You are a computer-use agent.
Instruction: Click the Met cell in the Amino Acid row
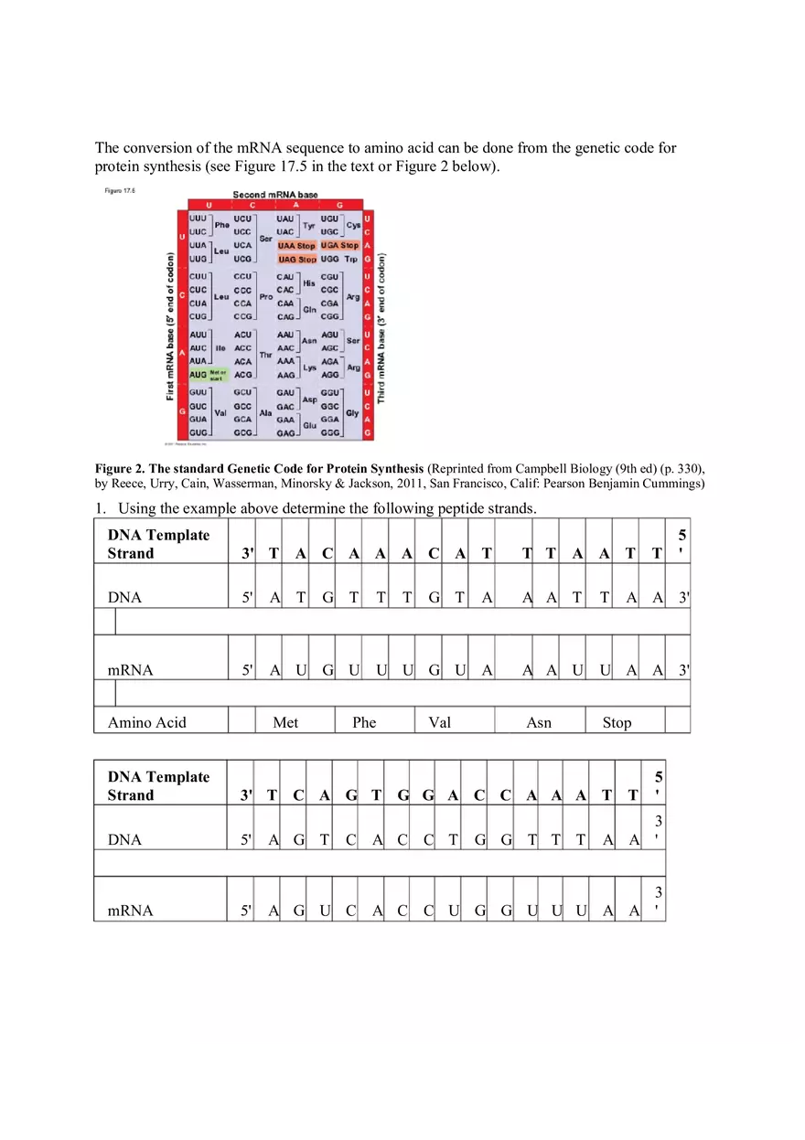click(x=285, y=722)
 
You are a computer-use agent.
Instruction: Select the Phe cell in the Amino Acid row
click(x=364, y=722)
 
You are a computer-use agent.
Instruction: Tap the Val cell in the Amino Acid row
click(x=439, y=722)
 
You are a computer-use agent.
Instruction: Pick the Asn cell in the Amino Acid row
click(x=539, y=722)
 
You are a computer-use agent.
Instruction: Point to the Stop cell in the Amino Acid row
click(x=617, y=722)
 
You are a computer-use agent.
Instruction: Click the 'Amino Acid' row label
click(x=146, y=722)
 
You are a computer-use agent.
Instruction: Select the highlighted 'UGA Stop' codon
click(x=339, y=246)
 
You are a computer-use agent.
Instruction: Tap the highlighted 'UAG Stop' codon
click(x=296, y=260)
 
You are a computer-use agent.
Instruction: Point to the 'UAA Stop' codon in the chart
click(x=296, y=246)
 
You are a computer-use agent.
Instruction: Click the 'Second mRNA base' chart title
click(x=274, y=195)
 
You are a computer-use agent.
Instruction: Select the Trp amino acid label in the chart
click(x=351, y=260)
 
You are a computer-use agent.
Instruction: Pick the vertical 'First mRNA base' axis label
click(x=171, y=327)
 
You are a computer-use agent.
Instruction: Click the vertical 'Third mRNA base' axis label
click(x=381, y=327)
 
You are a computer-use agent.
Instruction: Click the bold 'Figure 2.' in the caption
click(x=119, y=469)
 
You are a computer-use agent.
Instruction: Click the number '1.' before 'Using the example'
click(x=102, y=509)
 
